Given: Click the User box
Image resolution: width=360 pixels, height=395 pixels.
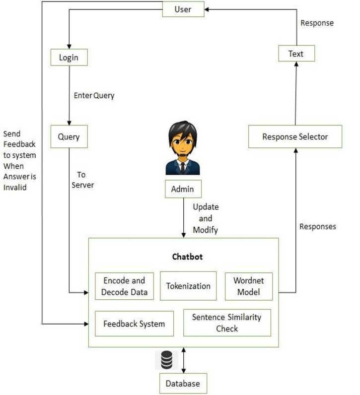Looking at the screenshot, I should (x=183, y=9).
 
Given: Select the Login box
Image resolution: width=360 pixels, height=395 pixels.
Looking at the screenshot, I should (x=69, y=57).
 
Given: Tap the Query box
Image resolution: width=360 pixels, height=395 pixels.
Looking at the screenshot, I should (x=69, y=136).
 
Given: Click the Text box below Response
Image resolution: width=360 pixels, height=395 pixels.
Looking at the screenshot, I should (x=295, y=54).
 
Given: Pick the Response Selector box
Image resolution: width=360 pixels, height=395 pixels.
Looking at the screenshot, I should (x=295, y=136).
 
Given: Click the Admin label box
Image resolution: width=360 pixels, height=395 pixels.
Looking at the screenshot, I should (x=183, y=189).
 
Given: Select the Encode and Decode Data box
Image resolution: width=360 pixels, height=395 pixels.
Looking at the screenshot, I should (x=124, y=286).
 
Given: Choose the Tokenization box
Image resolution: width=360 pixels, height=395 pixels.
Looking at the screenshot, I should (x=188, y=286).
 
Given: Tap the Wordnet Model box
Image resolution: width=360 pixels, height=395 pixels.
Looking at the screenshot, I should (x=249, y=286).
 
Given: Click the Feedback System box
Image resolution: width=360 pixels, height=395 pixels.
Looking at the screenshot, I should (x=134, y=324).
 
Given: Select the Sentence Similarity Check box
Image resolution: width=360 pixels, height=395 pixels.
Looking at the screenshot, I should (x=226, y=323).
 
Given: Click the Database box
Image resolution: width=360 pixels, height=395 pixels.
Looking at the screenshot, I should (x=183, y=383).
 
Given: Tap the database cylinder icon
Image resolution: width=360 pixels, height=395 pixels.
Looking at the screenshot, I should (x=166, y=360).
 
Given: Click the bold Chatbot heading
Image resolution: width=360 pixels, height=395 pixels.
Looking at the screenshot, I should (x=187, y=257).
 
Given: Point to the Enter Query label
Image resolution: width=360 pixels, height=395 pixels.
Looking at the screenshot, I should (x=94, y=95).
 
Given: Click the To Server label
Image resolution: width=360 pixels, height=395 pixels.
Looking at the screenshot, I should (x=82, y=180).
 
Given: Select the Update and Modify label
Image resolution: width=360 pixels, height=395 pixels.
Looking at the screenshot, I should (x=205, y=218).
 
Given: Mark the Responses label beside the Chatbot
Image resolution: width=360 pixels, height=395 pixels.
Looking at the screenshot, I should (x=317, y=226).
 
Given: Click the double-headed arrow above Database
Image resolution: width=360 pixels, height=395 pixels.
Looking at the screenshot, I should (x=184, y=360).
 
